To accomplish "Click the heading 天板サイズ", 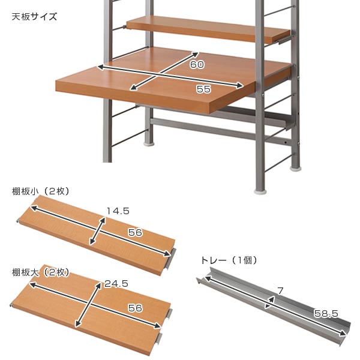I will (34, 16).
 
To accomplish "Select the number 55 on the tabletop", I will (203, 89).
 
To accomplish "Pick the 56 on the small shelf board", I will (135, 232).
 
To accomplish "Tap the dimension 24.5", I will (116, 284).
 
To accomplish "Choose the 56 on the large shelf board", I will (135, 308).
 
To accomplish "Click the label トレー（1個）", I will (229, 260).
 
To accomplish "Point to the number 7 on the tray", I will (280, 291).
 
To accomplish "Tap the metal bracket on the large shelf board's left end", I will (12, 307).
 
